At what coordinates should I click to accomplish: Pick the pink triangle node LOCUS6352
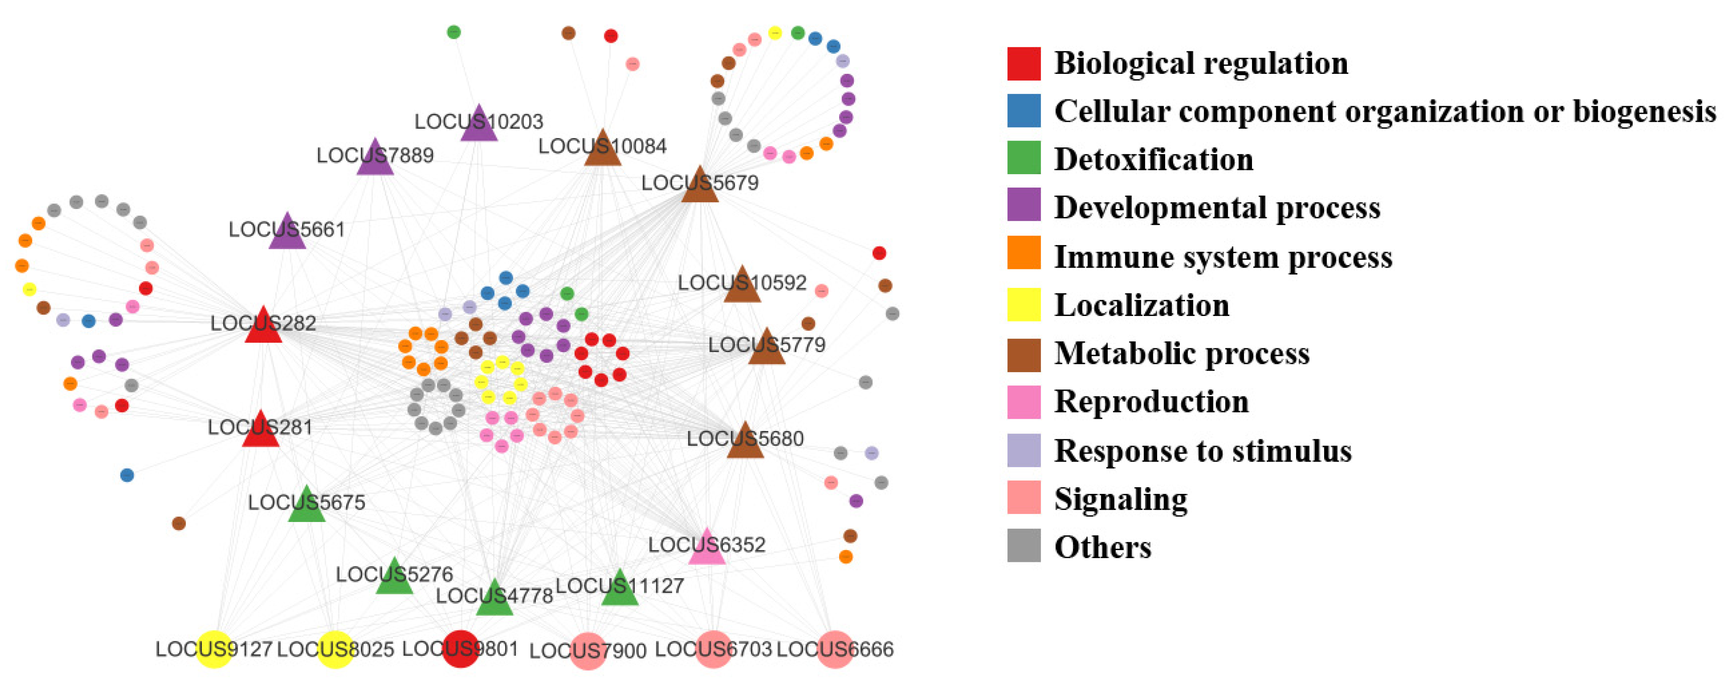[x=707, y=548]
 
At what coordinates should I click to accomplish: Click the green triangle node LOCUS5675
[x=307, y=506]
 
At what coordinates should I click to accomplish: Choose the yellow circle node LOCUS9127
[x=214, y=649]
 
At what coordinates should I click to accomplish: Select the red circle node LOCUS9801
[x=461, y=649]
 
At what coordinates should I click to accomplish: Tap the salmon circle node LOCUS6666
[x=835, y=649]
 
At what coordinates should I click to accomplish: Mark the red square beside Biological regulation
[x=1023, y=63]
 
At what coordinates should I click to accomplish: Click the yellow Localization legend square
[x=1023, y=305]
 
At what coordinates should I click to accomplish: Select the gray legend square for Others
[x=1023, y=546]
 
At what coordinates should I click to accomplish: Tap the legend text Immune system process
[x=1222, y=257]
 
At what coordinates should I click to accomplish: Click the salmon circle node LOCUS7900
[x=588, y=650]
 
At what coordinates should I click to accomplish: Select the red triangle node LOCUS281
[x=260, y=431]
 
